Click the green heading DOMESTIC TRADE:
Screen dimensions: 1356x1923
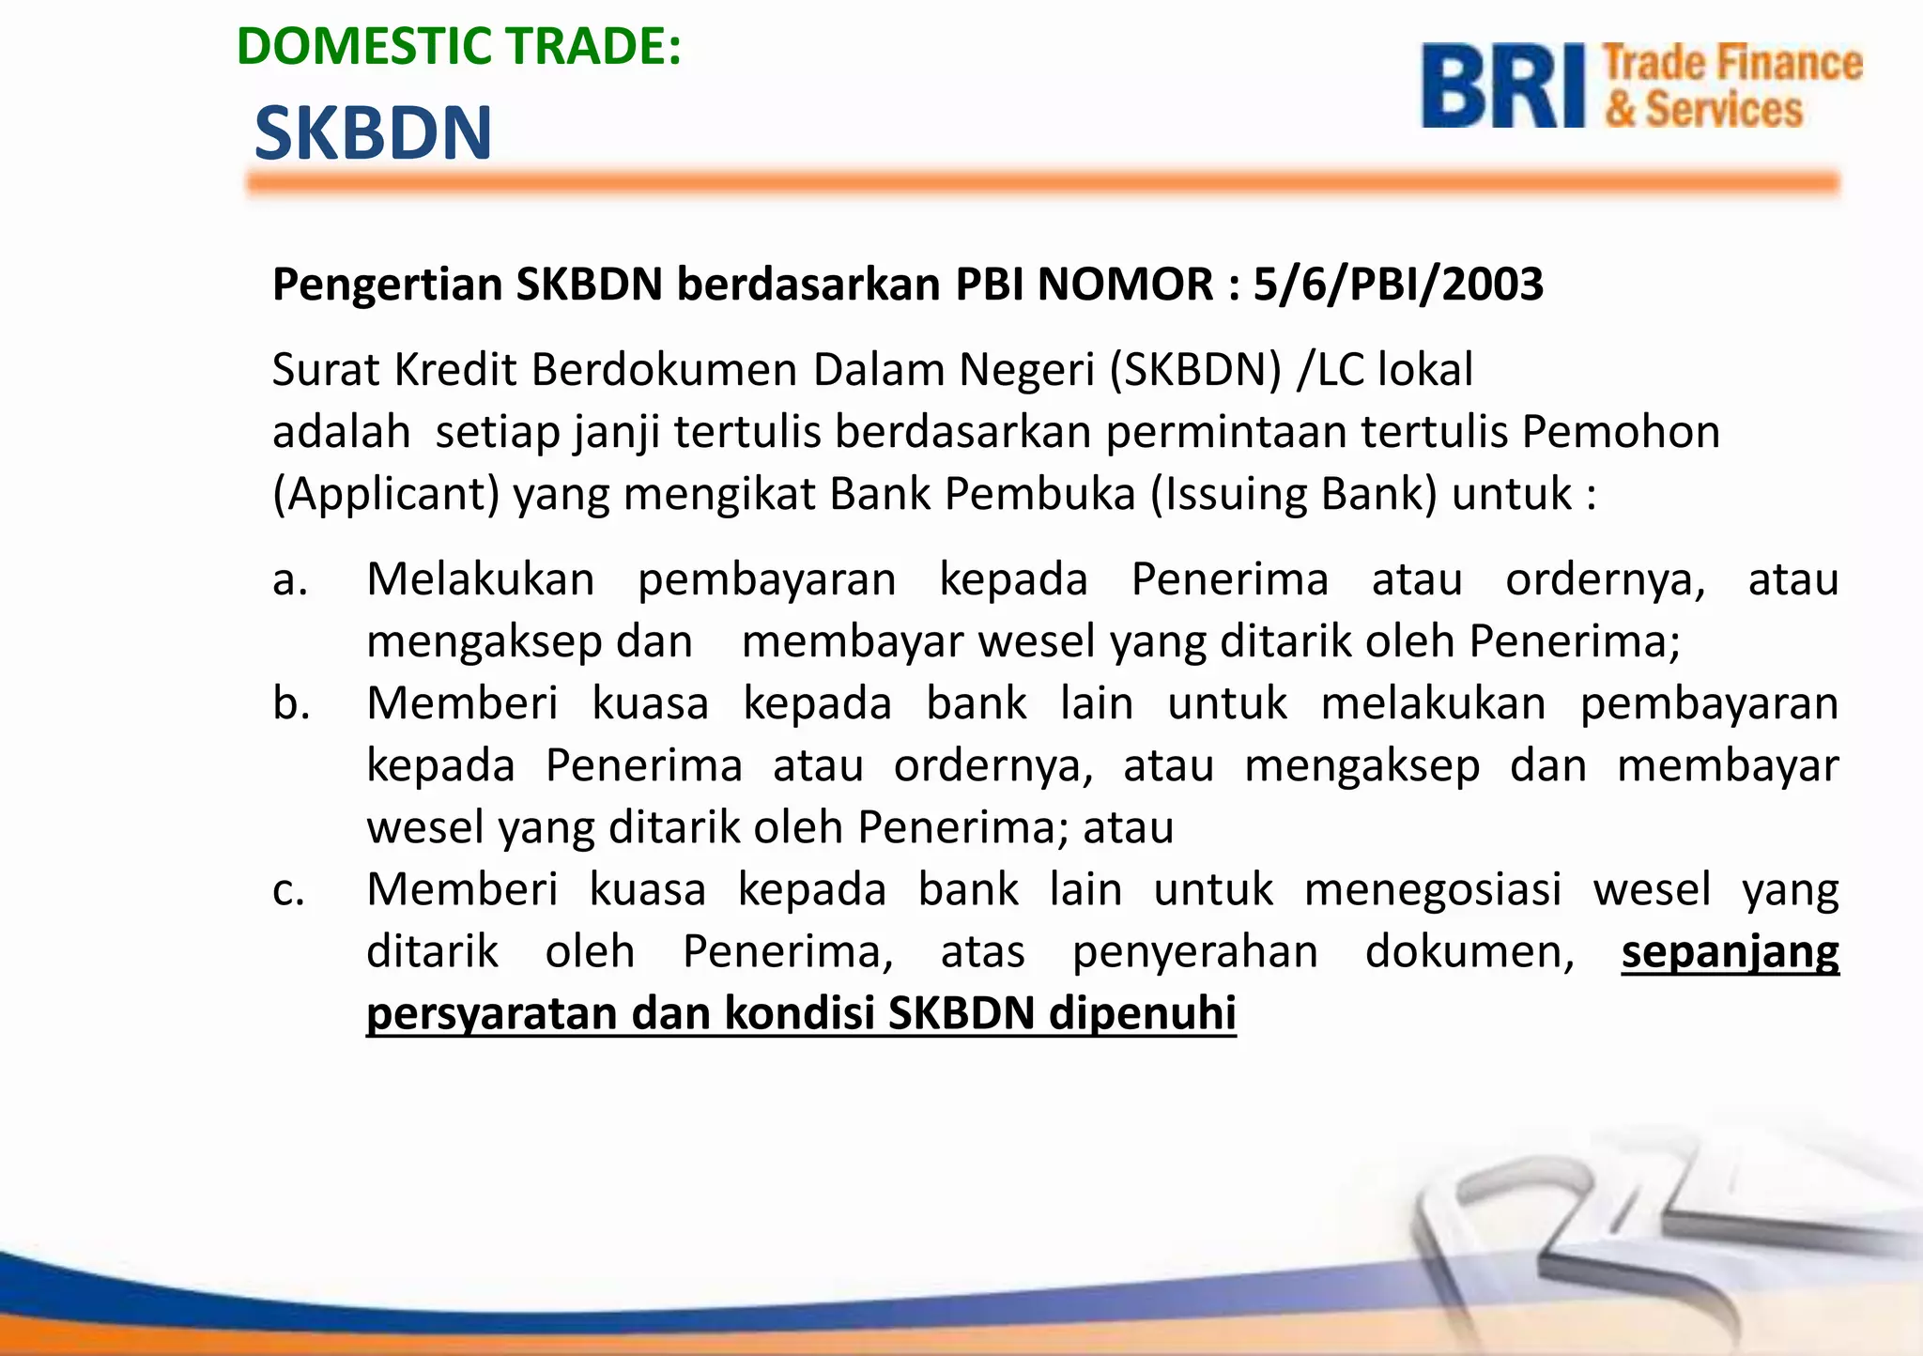(x=458, y=47)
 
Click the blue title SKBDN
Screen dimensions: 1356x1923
(x=373, y=133)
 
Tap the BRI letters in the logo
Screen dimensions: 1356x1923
(x=1503, y=86)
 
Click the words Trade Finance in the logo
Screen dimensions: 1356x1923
(x=1732, y=64)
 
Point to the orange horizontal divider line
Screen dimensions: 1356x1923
(x=1042, y=183)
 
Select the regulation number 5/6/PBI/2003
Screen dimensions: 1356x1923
(x=1398, y=285)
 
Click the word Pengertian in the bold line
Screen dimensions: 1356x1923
(x=387, y=285)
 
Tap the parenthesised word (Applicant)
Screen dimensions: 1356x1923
(x=385, y=495)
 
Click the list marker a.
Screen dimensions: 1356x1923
(x=290, y=580)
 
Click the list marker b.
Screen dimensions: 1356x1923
(x=291, y=704)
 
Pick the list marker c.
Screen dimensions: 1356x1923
(x=289, y=890)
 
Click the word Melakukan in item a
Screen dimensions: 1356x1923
(x=481, y=579)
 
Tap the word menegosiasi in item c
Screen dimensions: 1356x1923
(x=1432, y=890)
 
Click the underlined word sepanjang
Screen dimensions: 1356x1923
(x=1730, y=953)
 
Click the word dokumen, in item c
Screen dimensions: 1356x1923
(x=1469, y=952)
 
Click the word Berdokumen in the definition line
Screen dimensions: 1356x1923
(x=665, y=370)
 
